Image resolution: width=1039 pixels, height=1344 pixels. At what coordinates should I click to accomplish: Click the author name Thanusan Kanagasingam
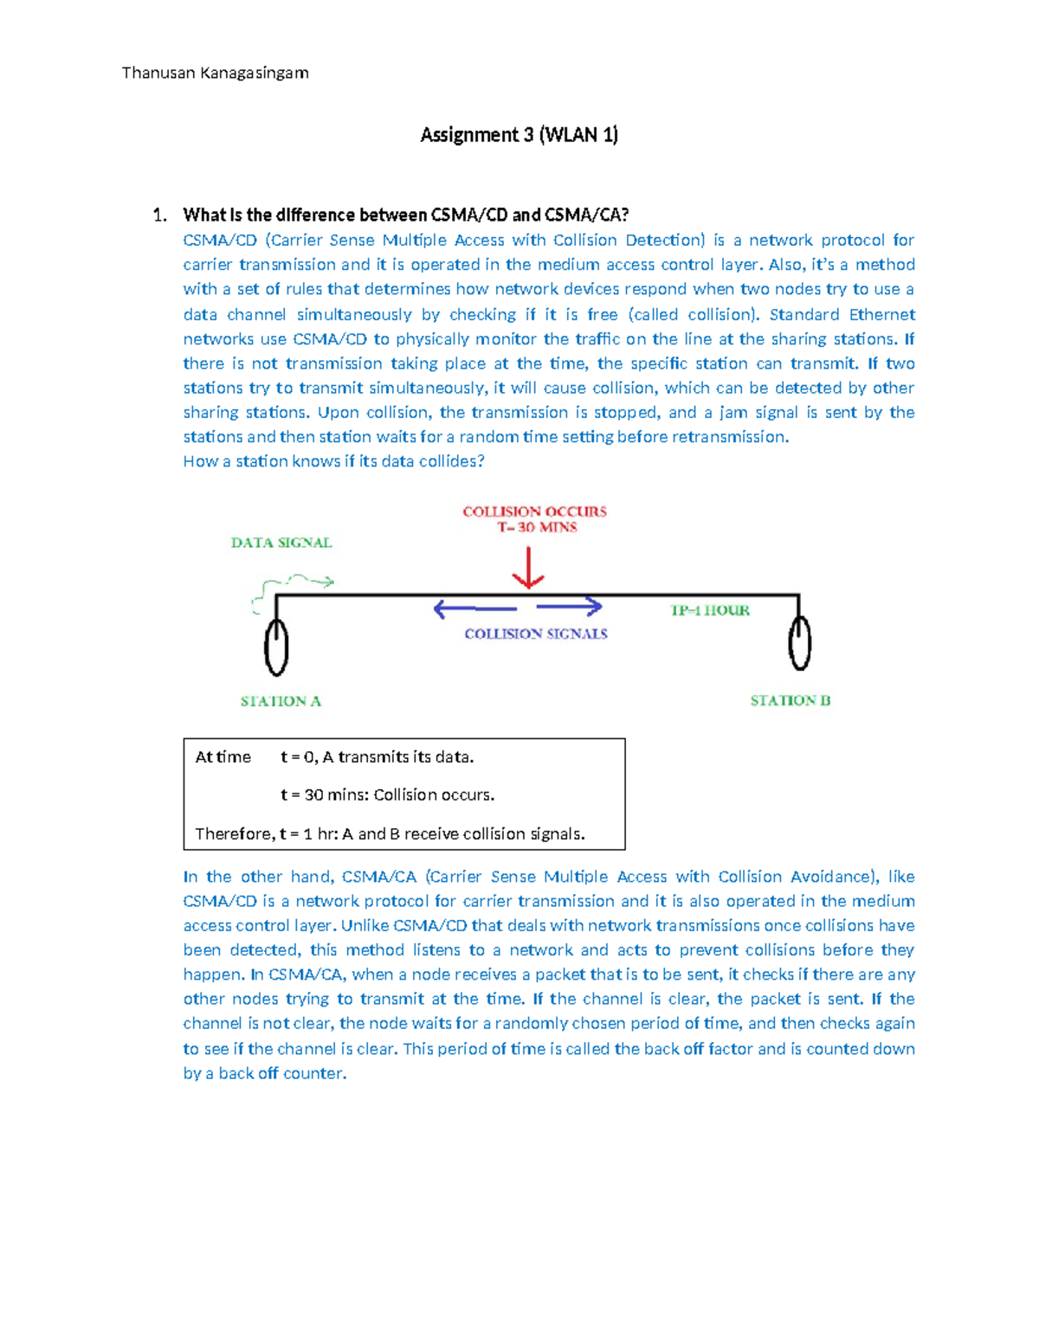tap(215, 73)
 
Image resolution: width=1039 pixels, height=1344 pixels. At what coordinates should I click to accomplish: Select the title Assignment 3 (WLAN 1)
tap(519, 134)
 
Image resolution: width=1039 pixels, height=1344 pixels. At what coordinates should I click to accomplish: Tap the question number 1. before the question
tap(159, 215)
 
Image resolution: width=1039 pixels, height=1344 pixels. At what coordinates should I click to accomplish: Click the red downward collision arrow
tap(527, 569)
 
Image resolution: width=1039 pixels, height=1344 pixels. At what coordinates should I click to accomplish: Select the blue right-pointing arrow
tap(570, 606)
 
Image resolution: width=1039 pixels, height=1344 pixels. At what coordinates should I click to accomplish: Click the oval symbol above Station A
tap(276, 646)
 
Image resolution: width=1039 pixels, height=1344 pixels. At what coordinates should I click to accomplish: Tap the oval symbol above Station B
tap(799, 642)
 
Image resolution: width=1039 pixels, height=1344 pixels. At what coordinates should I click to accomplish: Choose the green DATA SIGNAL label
tap(281, 543)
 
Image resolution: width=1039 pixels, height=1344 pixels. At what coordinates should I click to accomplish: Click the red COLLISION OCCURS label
tap(534, 511)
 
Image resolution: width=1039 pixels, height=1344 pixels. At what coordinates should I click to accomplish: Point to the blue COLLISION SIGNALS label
tap(536, 633)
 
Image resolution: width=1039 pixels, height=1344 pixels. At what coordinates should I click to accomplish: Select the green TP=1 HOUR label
tap(710, 610)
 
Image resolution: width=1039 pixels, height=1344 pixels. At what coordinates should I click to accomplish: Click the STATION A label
tap(281, 701)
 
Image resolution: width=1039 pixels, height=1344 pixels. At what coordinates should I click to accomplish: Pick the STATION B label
tap(790, 700)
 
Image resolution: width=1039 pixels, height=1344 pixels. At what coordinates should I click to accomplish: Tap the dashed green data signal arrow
tap(294, 585)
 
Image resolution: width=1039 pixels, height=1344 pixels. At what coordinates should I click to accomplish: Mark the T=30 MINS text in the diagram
tap(537, 527)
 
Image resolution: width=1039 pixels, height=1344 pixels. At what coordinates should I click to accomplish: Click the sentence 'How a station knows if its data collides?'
tap(333, 461)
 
